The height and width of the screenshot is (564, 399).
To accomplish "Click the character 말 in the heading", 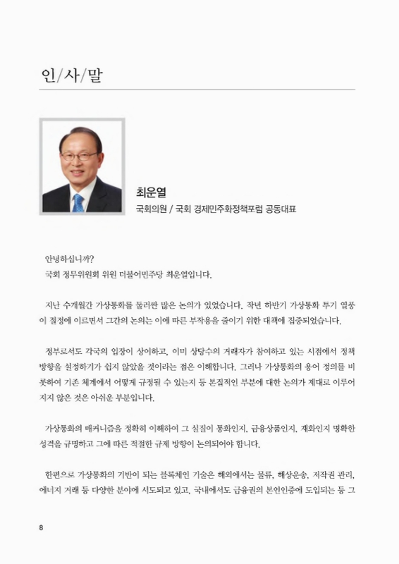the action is [94, 75].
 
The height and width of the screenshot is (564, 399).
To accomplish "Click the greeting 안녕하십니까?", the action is [69, 258].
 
